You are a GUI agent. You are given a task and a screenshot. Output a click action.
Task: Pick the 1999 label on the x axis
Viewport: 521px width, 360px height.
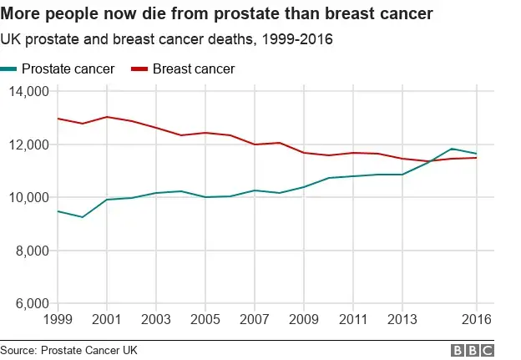pyautogui.click(x=58, y=320)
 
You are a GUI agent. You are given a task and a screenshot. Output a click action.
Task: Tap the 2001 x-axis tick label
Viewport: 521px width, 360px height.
pyautogui.click(x=106, y=320)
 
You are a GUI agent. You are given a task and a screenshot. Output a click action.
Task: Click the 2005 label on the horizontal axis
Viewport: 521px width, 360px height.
pyautogui.click(x=205, y=320)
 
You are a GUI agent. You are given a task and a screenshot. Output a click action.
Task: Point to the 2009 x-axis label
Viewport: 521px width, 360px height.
pyautogui.click(x=303, y=320)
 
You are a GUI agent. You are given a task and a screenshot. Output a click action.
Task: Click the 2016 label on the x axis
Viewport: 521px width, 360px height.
pyautogui.click(x=476, y=320)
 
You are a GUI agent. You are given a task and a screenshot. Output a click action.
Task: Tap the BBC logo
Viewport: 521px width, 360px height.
pyautogui.click(x=472, y=350)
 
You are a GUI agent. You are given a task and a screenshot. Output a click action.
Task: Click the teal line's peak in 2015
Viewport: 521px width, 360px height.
pyautogui.click(x=452, y=149)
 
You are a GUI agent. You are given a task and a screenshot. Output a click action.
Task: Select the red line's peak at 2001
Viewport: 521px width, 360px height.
pyautogui.click(x=107, y=117)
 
